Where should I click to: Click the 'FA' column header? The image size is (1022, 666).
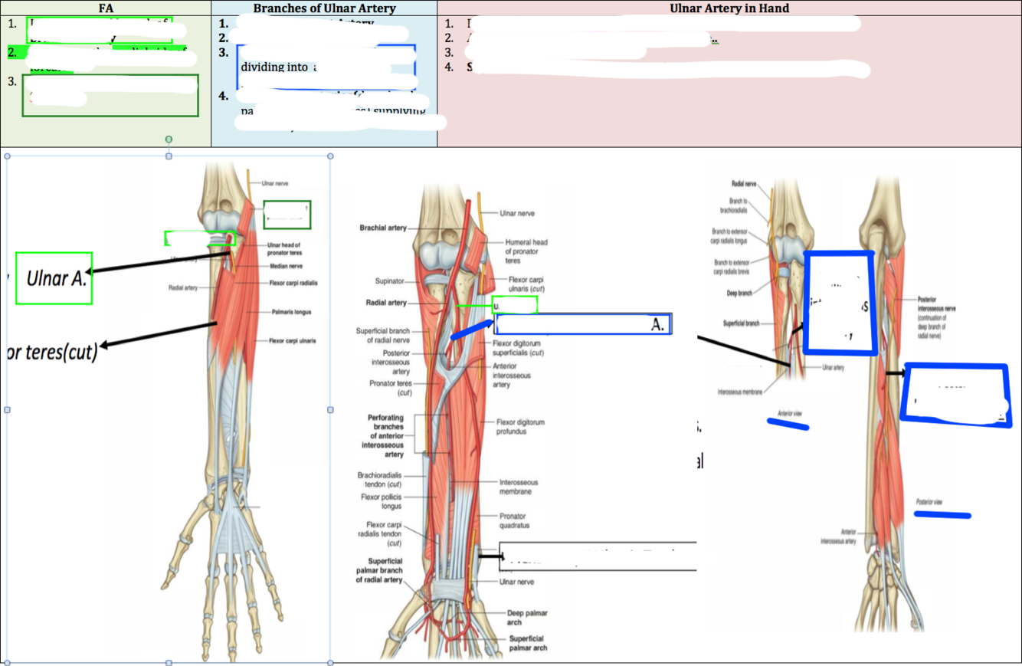coord(106,8)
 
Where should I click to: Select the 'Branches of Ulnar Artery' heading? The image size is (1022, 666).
coord(324,8)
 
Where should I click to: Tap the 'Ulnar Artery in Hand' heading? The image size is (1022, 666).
coord(729,8)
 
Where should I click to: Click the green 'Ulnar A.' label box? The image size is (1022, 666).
coord(54,278)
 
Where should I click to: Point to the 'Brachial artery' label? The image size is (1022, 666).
coord(384,228)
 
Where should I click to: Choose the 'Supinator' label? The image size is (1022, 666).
coord(390,281)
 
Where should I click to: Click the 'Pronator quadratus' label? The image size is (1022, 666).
coord(514,521)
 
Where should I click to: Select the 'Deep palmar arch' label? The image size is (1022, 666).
coord(527,618)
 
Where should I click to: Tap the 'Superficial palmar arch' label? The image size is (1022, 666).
coord(528,643)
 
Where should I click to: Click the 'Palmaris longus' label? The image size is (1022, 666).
coord(291,313)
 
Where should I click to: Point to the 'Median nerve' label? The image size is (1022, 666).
coord(287,267)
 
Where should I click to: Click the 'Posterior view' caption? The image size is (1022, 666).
coord(929,502)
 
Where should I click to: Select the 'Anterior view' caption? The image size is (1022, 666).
coord(789,413)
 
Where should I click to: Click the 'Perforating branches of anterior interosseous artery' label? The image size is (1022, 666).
coord(386,436)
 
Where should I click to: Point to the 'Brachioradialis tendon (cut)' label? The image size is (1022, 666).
coord(381,480)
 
